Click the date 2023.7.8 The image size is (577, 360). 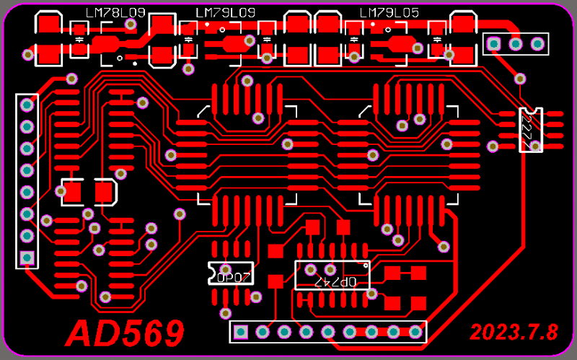[514, 332]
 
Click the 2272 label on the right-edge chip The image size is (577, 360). [530, 131]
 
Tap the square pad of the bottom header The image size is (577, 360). [241, 332]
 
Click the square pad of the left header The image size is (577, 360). [27, 258]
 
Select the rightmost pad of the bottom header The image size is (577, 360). [415, 332]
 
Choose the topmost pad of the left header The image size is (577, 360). [27, 105]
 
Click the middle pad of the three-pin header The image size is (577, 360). [516, 44]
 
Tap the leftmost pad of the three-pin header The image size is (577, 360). [494, 44]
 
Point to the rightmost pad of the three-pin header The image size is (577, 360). [537, 44]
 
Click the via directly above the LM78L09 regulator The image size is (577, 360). [131, 24]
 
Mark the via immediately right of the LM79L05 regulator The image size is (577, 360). [417, 47]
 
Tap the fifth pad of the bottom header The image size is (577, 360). [328, 332]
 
